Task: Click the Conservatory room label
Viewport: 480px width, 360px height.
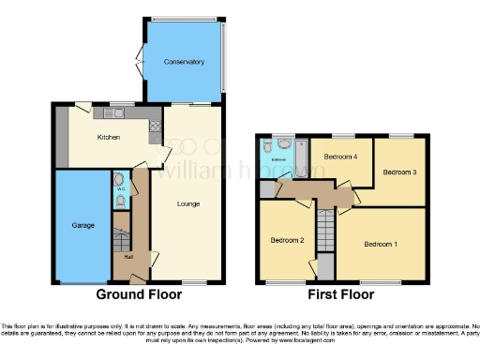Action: tap(184, 62)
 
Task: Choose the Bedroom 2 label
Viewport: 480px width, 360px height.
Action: tap(287, 240)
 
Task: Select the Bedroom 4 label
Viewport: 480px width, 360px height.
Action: tap(340, 157)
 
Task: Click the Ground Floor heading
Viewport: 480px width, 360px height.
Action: tap(140, 293)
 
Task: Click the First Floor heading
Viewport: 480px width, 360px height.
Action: tap(342, 293)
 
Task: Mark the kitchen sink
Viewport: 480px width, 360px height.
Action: tap(121, 112)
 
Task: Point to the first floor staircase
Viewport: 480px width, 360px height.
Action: tap(324, 229)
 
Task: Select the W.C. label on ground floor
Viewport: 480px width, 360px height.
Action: tap(120, 189)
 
